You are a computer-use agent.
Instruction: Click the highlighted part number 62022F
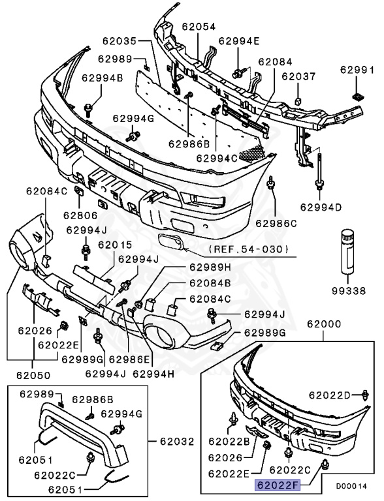click(x=276, y=485)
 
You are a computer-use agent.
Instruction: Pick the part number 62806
click(x=80, y=215)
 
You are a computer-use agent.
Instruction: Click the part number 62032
click(x=177, y=442)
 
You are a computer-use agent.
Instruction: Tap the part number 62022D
click(x=330, y=395)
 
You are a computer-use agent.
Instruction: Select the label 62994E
click(x=239, y=40)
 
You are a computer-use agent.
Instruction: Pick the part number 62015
click(x=115, y=245)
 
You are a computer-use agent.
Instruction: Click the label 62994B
click(x=102, y=78)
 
